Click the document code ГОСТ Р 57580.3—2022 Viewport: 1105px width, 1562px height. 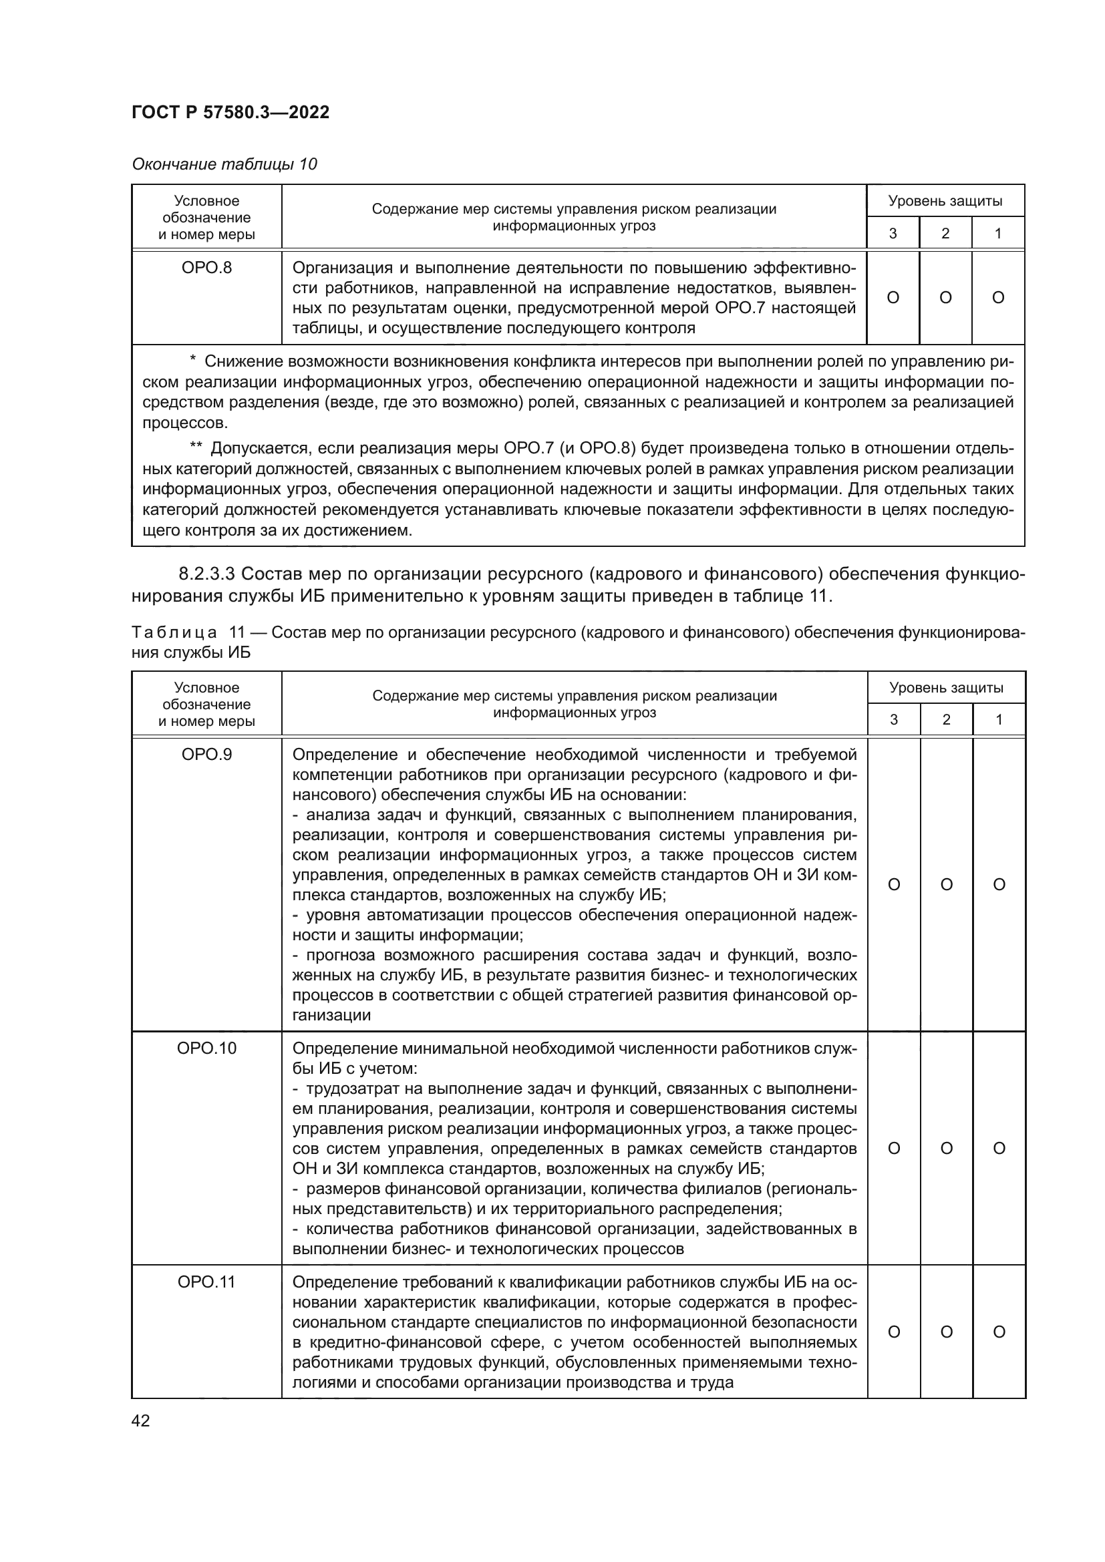[x=230, y=112]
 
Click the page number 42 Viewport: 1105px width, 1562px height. [x=141, y=1420]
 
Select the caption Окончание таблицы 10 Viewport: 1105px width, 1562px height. [x=224, y=164]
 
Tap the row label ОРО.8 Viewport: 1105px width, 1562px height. [x=206, y=267]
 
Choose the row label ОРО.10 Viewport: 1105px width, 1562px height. [x=206, y=1048]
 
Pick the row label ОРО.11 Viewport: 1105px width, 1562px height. [x=206, y=1282]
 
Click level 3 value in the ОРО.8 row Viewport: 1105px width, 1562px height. [x=893, y=297]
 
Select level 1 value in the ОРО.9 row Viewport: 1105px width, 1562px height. [x=999, y=884]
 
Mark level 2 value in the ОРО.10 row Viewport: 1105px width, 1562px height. [x=947, y=1149]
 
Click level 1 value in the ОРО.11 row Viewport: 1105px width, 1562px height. [x=999, y=1332]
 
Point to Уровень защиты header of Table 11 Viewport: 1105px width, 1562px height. [x=946, y=687]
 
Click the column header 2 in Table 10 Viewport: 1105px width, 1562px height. [x=945, y=233]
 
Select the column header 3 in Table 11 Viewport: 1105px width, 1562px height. [x=893, y=720]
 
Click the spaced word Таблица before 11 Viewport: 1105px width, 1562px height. [x=174, y=632]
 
